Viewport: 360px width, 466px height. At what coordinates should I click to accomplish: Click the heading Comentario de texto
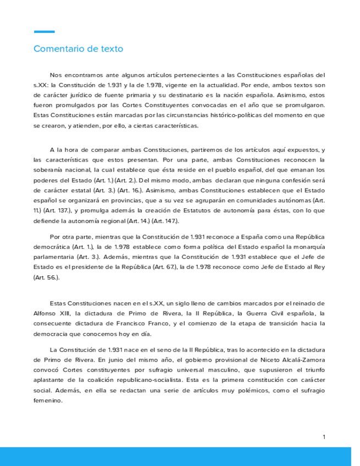(78, 49)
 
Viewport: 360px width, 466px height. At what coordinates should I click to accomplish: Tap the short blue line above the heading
(44, 32)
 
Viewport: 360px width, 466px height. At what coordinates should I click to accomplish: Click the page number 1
(324, 436)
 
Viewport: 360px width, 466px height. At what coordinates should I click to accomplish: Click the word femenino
(48, 401)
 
